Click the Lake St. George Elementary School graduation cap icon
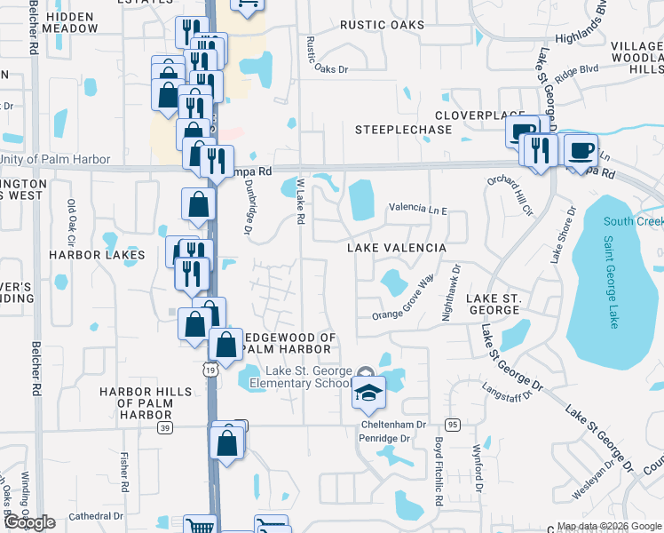[x=367, y=393]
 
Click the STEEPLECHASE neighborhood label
[x=403, y=130]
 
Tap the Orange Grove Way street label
[x=402, y=300]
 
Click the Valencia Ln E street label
[x=418, y=209]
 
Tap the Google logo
[x=29, y=522]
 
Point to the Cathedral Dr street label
[x=94, y=516]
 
